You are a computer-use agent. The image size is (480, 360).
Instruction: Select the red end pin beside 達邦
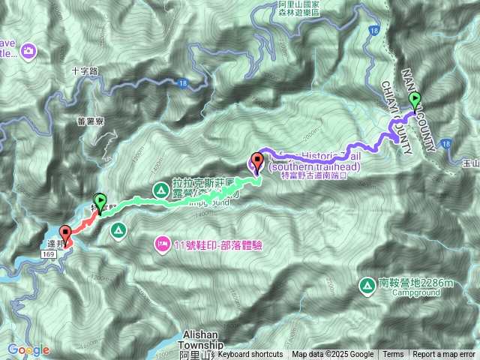coord(64,234)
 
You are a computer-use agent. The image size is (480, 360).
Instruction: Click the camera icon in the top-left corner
coord(28,51)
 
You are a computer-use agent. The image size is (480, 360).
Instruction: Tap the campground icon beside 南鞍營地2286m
coord(367,285)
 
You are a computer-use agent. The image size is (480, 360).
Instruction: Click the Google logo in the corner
coord(28,349)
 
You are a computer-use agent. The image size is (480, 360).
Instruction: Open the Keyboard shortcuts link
coord(250,355)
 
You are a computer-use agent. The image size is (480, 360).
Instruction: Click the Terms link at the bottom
coord(393,355)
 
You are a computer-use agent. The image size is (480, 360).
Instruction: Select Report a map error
coord(444,355)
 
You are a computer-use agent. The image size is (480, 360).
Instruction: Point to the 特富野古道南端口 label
coord(315,176)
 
